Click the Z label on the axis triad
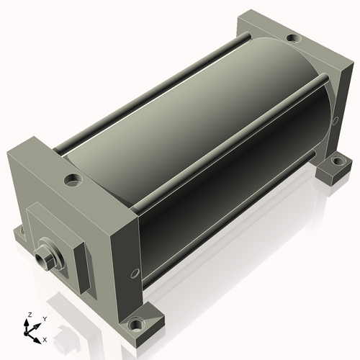[x=30, y=315]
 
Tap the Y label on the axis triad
[x=45, y=319]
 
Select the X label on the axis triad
[x=45, y=340]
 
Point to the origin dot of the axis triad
[x=26, y=333]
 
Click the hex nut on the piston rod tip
[x=42, y=258]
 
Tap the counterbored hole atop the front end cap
[x=73, y=181]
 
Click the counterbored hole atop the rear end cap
[x=293, y=38]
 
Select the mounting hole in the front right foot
[x=136, y=325]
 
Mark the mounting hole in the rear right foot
[x=338, y=161]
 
